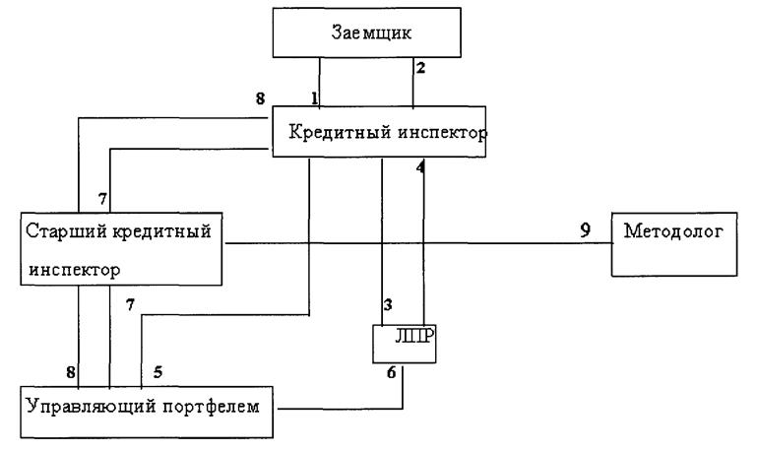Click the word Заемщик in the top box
click(x=371, y=32)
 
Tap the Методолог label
click(x=673, y=230)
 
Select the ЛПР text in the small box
click(x=414, y=337)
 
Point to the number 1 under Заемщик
click(x=314, y=98)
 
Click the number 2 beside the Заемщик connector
click(x=420, y=68)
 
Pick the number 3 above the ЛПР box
click(x=388, y=304)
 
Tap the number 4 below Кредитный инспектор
click(x=420, y=167)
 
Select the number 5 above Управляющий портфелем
click(x=158, y=372)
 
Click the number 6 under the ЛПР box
click(x=391, y=372)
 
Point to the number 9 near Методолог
click(x=585, y=229)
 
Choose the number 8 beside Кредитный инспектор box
click(x=260, y=98)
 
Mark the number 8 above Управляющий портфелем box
click(x=71, y=372)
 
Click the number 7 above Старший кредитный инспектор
click(x=102, y=199)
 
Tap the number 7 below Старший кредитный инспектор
click(x=130, y=304)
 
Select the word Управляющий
click(x=92, y=407)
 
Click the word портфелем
click(x=211, y=407)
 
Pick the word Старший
click(x=66, y=231)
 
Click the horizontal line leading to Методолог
click(x=418, y=243)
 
